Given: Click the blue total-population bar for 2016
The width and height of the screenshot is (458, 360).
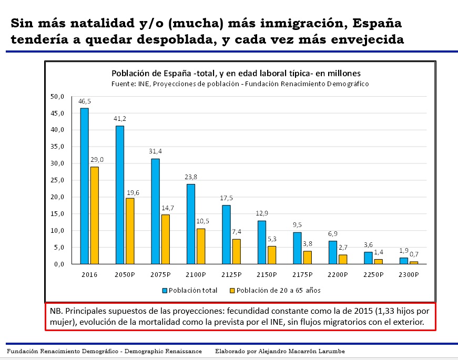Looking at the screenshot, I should pos(84,186).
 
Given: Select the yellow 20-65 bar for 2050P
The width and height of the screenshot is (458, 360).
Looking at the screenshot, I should pos(130,231).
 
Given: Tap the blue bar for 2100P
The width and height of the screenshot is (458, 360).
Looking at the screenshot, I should pos(191,224).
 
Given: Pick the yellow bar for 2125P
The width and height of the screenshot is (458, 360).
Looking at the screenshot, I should pos(237,251).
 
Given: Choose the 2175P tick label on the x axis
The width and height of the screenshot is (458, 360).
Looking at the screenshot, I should pos(303,275).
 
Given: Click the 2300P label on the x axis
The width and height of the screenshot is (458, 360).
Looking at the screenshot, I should pos(410,275).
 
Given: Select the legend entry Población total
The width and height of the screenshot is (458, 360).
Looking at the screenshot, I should pos(189,290).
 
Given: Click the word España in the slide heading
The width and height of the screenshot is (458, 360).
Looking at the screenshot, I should pos(377,23).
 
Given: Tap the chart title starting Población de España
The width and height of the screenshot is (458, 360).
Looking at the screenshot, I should pos(235,73).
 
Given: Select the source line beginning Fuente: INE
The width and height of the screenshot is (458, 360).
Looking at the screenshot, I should pos(240,84).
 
